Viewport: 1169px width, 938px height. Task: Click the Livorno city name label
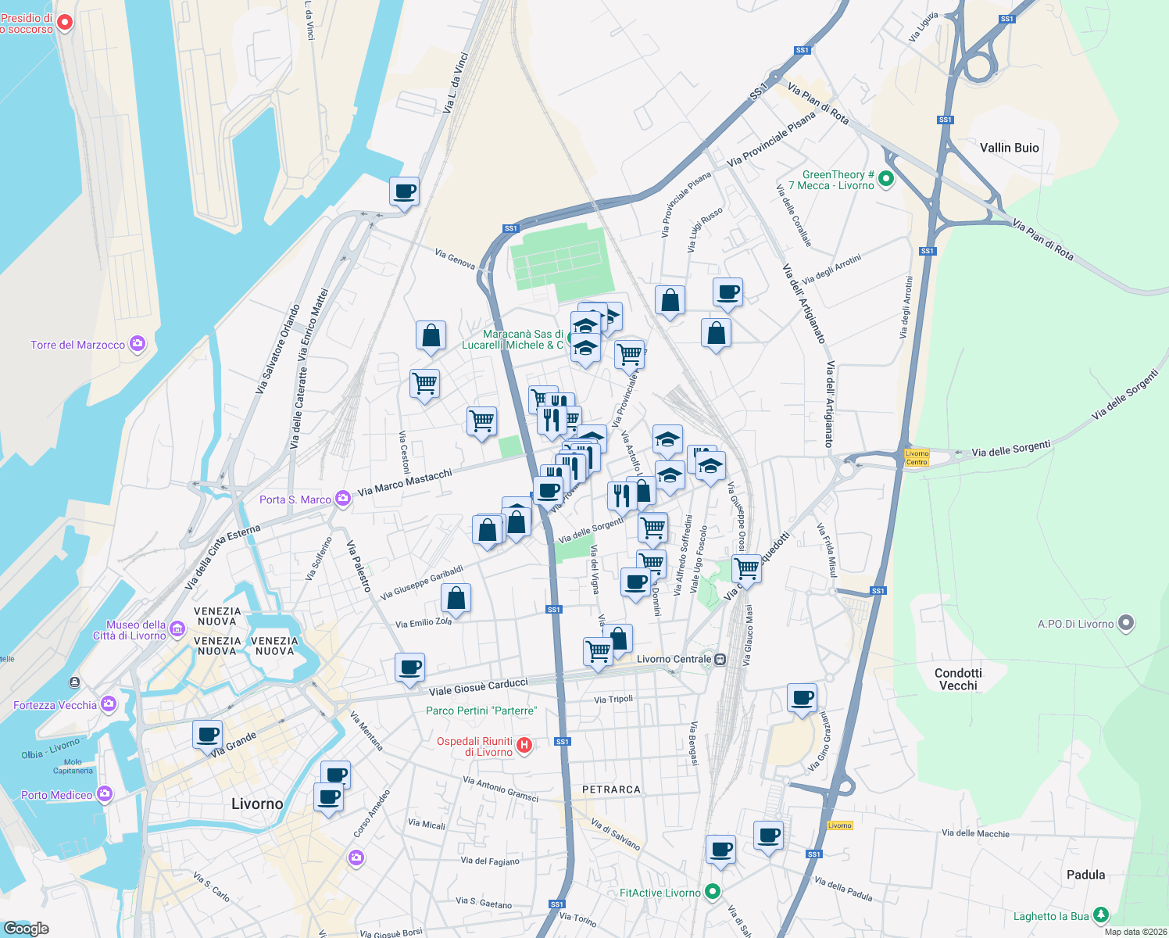pyautogui.click(x=257, y=804)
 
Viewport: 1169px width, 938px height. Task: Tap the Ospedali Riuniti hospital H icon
pyautogui.click(x=525, y=746)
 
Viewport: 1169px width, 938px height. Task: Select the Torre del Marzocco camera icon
pyautogui.click(x=138, y=344)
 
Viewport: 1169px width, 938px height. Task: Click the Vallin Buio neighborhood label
pyautogui.click(x=1009, y=148)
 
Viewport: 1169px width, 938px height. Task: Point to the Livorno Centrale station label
pyautogui.click(x=674, y=659)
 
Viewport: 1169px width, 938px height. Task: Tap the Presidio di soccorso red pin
pyautogui.click(x=66, y=23)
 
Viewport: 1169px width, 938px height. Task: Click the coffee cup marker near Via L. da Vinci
pyautogui.click(x=405, y=191)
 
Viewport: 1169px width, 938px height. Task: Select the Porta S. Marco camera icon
pyautogui.click(x=342, y=499)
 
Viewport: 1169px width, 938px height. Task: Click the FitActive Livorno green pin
pyautogui.click(x=712, y=891)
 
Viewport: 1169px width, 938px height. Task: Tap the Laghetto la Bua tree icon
pyautogui.click(x=1101, y=914)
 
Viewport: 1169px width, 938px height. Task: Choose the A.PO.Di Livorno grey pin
pyautogui.click(x=1125, y=623)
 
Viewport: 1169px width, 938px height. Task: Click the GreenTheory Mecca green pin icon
pyautogui.click(x=886, y=179)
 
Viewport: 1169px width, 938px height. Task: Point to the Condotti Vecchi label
pyautogui.click(x=958, y=679)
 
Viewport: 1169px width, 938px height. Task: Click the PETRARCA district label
pyautogui.click(x=611, y=789)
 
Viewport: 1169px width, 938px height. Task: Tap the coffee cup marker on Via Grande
pyautogui.click(x=208, y=735)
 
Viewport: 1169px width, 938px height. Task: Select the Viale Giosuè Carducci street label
pyautogui.click(x=478, y=687)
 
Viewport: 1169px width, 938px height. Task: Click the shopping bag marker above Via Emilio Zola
pyautogui.click(x=456, y=599)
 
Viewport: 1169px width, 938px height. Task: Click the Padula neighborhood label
pyautogui.click(x=1085, y=875)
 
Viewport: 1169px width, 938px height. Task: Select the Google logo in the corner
pyautogui.click(x=26, y=928)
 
